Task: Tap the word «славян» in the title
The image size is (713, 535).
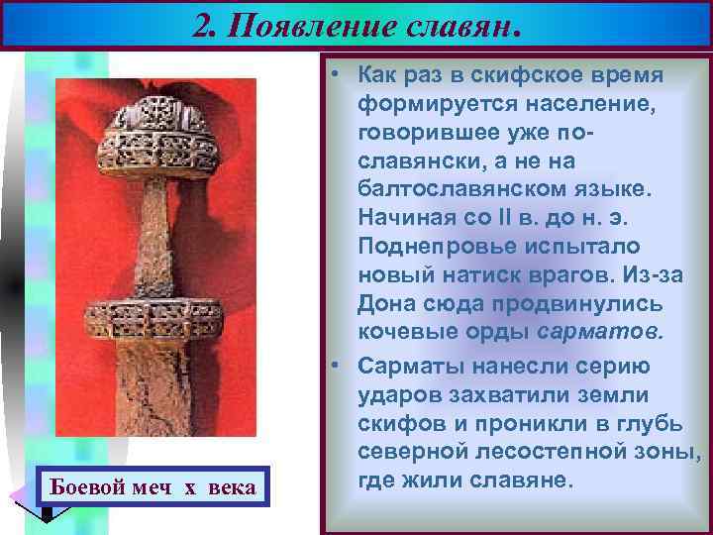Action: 457,23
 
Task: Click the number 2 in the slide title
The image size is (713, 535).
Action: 204,23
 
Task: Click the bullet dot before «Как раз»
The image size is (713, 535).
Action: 337,76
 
